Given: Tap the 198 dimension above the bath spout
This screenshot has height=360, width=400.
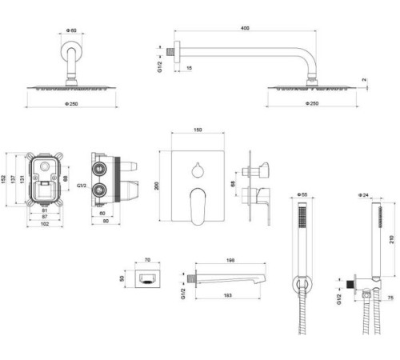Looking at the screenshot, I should click(230, 260).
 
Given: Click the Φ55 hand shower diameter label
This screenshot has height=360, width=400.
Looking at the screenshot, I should click(302, 194).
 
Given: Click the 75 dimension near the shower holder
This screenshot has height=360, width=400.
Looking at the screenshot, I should click(391, 298).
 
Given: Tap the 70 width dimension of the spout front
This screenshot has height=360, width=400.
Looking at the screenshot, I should click(146, 260).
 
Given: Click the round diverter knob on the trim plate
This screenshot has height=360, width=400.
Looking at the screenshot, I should click(197, 169).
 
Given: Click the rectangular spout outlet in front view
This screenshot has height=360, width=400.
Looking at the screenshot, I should click(146, 281).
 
